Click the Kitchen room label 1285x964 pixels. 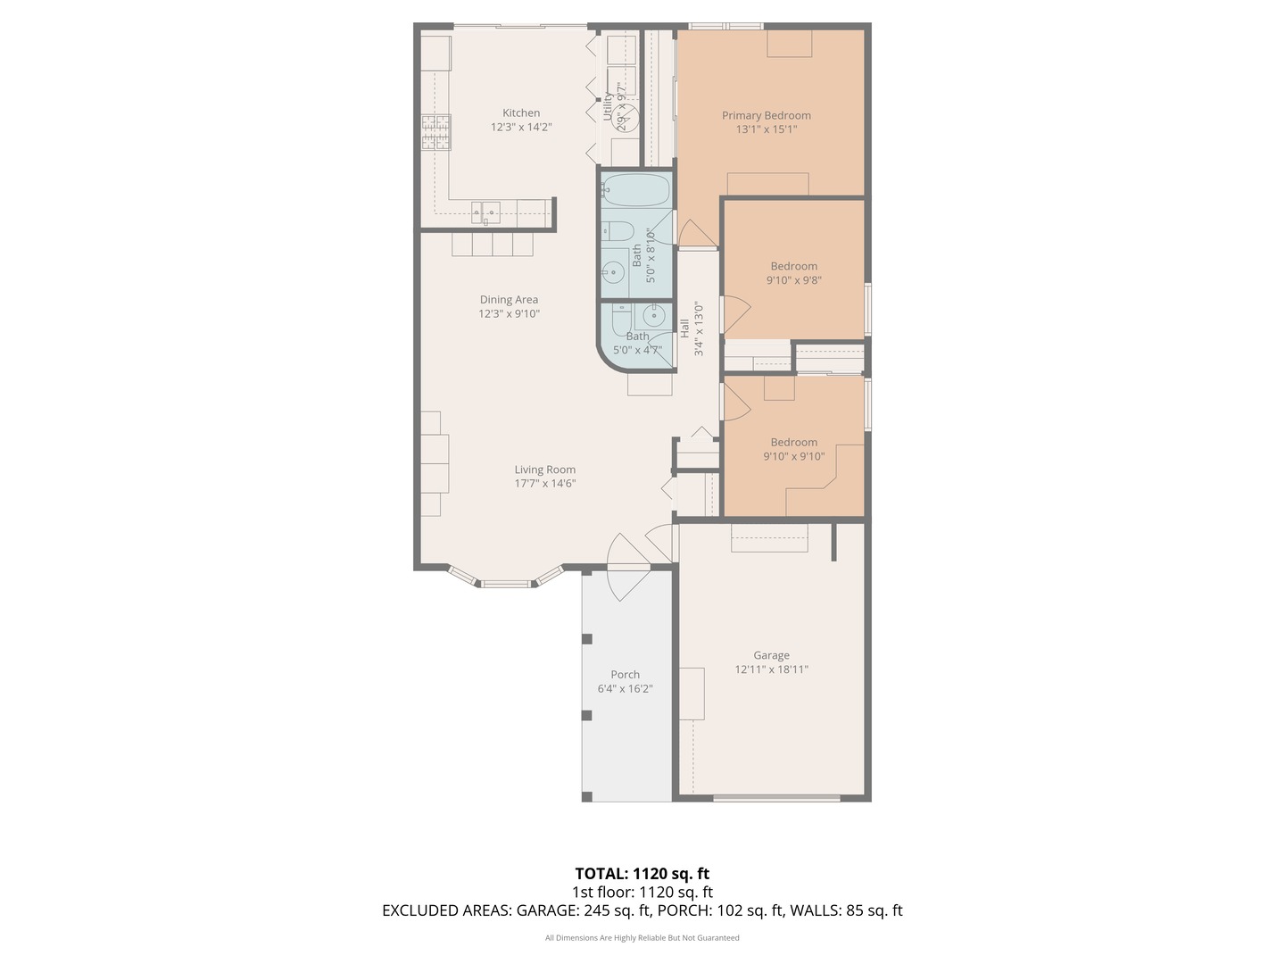pyautogui.click(x=521, y=113)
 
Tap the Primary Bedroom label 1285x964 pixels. pyautogui.click(x=766, y=115)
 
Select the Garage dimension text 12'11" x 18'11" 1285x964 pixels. pyautogui.click(x=771, y=669)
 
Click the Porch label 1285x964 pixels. pyautogui.click(x=625, y=675)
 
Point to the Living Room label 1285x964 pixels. pyautogui.click(x=544, y=470)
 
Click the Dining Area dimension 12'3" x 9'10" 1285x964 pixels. pyautogui.click(x=509, y=313)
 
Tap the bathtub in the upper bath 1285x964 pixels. pyautogui.click(x=634, y=189)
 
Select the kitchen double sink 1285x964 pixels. pyautogui.click(x=485, y=212)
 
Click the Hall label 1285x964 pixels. pyautogui.click(x=685, y=328)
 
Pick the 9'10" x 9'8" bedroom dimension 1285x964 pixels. pyautogui.click(x=793, y=280)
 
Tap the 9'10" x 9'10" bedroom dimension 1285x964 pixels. pyautogui.click(x=793, y=456)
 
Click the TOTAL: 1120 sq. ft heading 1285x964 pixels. pyautogui.click(x=642, y=874)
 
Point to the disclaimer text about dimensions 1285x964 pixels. pyautogui.click(x=642, y=938)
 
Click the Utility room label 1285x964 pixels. pyautogui.click(x=609, y=106)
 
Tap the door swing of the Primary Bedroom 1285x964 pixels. pyautogui.click(x=695, y=234)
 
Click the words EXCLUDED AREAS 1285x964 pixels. pyautogui.click(x=446, y=910)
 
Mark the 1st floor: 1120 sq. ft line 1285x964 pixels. pyautogui.click(x=642, y=892)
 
